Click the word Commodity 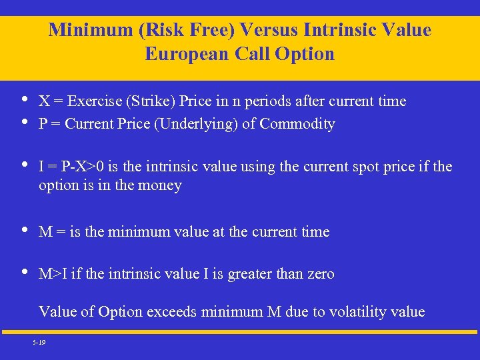(297, 124)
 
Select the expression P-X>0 (80, 165)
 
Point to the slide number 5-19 (38, 342)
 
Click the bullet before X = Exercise (24, 100)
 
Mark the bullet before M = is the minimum (24, 231)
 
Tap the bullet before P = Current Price (24, 123)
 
